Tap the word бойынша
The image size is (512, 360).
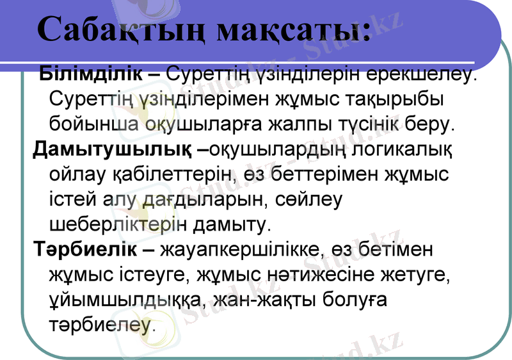[x=95, y=124]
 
